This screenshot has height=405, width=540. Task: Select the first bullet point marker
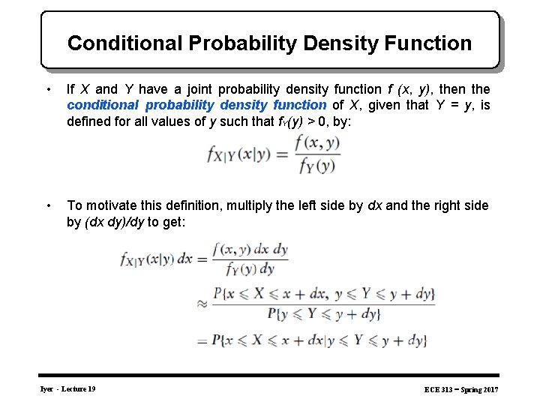click(49, 90)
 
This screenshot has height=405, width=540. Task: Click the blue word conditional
click(101, 106)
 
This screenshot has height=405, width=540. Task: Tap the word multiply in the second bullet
click(255, 205)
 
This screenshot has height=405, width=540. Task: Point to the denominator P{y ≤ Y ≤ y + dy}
click(324, 315)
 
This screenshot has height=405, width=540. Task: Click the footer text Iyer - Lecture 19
click(68, 388)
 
